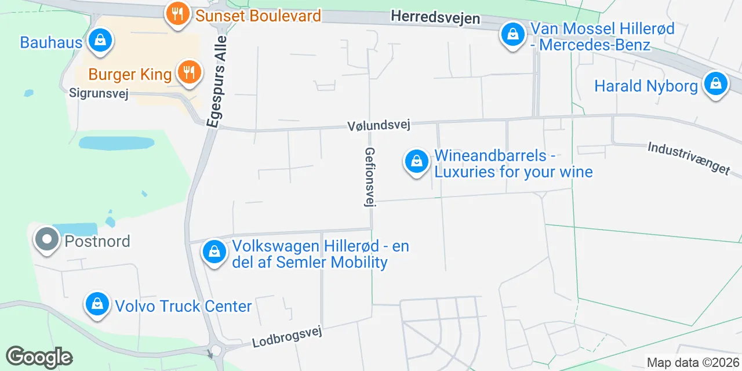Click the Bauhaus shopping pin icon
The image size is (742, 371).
click(x=100, y=41)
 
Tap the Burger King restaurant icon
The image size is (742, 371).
click(x=188, y=73)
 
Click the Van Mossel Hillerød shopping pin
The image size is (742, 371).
click(x=512, y=35)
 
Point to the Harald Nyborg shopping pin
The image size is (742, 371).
click(x=716, y=85)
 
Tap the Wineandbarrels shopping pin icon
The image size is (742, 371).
click(x=416, y=162)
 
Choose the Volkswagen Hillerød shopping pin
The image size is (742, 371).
click(x=214, y=253)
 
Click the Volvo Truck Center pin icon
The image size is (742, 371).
click(x=97, y=304)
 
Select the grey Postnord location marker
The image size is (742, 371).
click(x=47, y=239)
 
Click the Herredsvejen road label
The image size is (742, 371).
click(x=435, y=17)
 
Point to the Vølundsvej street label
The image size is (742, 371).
click(x=379, y=125)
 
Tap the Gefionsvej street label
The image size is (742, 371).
click(x=369, y=176)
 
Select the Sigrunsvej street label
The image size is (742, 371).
click(x=98, y=93)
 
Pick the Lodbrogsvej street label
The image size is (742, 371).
click(x=286, y=336)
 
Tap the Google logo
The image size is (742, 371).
click(x=39, y=357)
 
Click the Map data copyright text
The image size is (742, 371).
click(x=693, y=363)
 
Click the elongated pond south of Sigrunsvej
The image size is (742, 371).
click(x=117, y=143)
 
